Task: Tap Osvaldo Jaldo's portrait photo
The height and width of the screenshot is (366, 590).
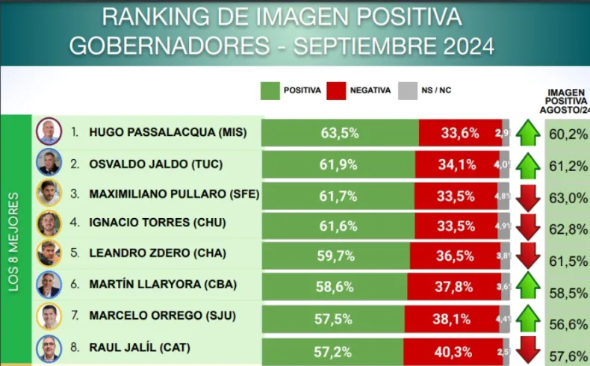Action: (49, 162)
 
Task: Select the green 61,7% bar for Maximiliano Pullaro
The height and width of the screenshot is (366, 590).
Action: (340, 194)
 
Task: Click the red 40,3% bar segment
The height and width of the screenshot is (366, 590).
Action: (454, 349)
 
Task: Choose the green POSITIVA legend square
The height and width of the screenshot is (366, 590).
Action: (270, 90)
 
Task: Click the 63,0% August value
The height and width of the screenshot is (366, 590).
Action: (568, 198)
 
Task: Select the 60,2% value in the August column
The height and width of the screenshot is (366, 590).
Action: (568, 135)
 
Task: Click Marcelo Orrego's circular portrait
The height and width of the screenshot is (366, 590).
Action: (49, 317)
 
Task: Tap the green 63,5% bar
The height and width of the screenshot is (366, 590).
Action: (340, 133)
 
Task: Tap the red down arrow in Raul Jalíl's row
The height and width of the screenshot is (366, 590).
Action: (527, 348)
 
